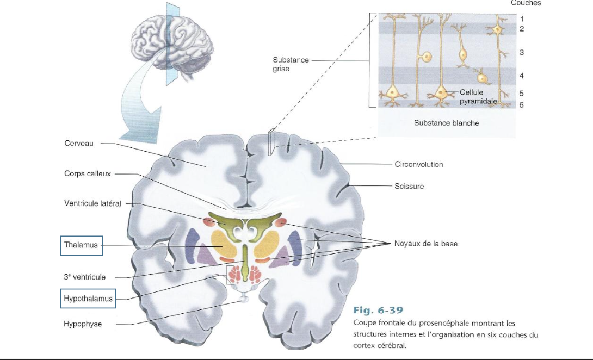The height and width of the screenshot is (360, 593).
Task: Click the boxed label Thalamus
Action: (x=81, y=245)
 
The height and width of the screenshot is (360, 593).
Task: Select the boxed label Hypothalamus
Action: (x=88, y=299)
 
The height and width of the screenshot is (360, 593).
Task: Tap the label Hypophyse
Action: (x=83, y=324)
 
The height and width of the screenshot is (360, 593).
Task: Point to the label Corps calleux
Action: (x=87, y=174)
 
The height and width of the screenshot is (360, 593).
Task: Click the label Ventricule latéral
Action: (x=92, y=204)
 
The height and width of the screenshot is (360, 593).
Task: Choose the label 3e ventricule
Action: (x=84, y=277)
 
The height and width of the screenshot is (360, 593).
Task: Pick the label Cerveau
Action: (x=79, y=144)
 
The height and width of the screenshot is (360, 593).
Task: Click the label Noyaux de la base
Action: (x=425, y=244)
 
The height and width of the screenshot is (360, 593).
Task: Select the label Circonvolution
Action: (x=418, y=164)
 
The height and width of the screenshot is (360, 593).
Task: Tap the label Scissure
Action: (x=409, y=186)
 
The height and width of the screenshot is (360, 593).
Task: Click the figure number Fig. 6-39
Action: (x=378, y=311)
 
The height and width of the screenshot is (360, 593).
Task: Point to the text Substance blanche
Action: (x=446, y=123)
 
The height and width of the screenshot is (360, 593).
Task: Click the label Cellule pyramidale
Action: (x=478, y=97)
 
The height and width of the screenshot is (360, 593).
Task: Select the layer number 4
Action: (x=521, y=76)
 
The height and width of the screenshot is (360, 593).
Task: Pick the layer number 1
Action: (x=521, y=19)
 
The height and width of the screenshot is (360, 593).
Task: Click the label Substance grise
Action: (x=291, y=64)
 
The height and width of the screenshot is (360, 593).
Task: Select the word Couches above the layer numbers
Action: (x=526, y=3)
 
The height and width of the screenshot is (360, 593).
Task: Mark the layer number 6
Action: (x=521, y=104)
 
